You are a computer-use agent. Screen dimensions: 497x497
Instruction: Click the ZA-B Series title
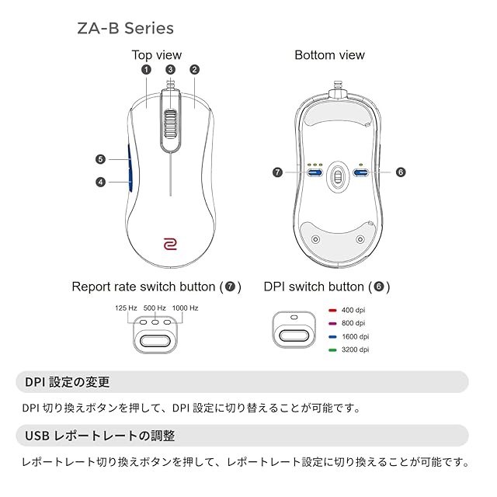click(125, 28)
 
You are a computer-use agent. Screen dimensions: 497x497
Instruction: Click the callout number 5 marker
click(100, 159)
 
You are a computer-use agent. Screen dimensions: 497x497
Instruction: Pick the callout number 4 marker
click(100, 182)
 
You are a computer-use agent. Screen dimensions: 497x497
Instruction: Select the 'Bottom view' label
click(329, 55)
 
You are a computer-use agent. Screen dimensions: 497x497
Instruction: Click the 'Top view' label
click(156, 55)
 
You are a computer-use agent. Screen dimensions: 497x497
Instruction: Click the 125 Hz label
click(126, 308)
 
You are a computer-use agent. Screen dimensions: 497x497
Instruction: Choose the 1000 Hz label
click(185, 308)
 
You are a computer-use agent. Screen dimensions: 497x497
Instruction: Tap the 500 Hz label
click(155, 308)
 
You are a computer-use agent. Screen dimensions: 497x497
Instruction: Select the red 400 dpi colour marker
click(332, 309)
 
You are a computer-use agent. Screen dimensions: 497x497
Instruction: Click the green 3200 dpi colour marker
click(332, 349)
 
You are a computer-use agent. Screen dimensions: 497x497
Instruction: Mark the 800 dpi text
click(353, 322)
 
